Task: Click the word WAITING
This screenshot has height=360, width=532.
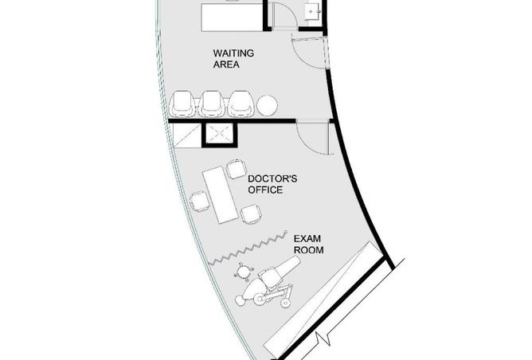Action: pyautogui.click(x=233, y=53)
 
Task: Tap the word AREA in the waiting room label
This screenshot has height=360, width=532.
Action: pyautogui.click(x=226, y=65)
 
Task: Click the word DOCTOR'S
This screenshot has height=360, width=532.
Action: pyautogui.click(x=272, y=178)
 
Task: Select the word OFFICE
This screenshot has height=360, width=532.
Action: pyautogui.click(x=265, y=190)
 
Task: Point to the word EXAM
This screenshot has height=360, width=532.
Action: pyautogui.click(x=307, y=239)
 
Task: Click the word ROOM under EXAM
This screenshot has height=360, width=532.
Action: pyautogui.click(x=308, y=250)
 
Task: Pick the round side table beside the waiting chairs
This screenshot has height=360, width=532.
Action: pyautogui.click(x=267, y=105)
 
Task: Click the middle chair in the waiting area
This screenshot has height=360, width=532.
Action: pyautogui.click(x=211, y=104)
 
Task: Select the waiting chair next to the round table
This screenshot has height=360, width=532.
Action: pyautogui.click(x=241, y=104)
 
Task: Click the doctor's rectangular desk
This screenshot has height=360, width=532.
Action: pyautogui.click(x=221, y=195)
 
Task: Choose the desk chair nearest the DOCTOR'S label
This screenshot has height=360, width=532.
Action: pyautogui.click(x=236, y=169)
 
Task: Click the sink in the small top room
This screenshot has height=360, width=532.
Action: pyautogui.click(x=312, y=12)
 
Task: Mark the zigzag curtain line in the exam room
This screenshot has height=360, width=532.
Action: pyautogui.click(x=248, y=248)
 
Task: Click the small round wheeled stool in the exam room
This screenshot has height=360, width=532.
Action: pyautogui.click(x=244, y=271)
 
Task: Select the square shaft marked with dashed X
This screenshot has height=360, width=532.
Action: pyautogui.click(x=220, y=135)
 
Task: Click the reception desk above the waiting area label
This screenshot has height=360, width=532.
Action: pyautogui.click(x=233, y=18)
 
